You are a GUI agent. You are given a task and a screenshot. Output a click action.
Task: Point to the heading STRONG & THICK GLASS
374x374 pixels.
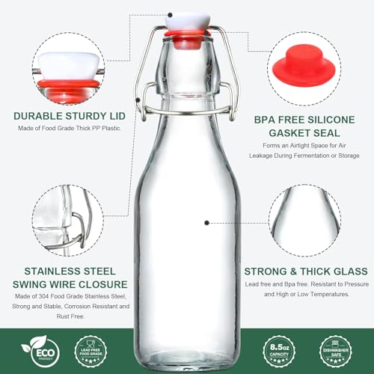click(306, 271)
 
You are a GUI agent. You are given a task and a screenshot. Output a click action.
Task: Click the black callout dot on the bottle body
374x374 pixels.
click(207, 222)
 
